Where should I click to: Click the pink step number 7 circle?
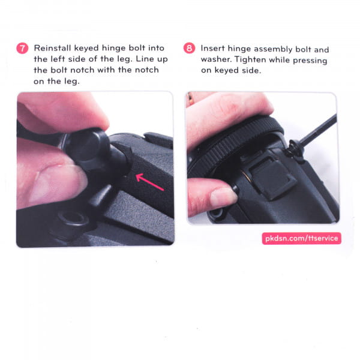pyautogui.click(x=22, y=48)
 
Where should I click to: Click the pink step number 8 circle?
pyautogui.click(x=189, y=48)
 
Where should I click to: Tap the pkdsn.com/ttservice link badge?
pyautogui.click(x=301, y=238)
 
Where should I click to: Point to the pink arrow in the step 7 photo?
pyautogui.click(x=149, y=182)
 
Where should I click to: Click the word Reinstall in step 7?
pyautogui.click(x=52, y=48)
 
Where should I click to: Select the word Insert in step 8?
pyautogui.click(x=212, y=49)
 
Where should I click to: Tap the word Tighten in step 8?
pyautogui.click(x=250, y=59)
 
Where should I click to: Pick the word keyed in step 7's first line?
pyautogui.click(x=86, y=49)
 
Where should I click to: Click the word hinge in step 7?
pyautogui.click(x=113, y=49)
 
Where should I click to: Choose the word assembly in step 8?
pyautogui.click(x=273, y=49)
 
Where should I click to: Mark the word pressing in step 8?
pyautogui.click(x=310, y=61)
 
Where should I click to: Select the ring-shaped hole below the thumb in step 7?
pyautogui.click(x=73, y=218)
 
